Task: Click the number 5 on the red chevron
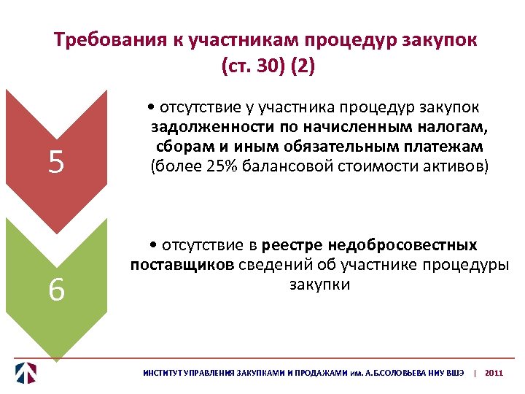click(x=56, y=163)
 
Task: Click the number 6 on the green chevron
click(x=56, y=291)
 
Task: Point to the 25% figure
click(x=217, y=166)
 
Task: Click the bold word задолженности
click(x=204, y=128)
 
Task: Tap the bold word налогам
click(x=454, y=128)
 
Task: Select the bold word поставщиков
click(x=182, y=264)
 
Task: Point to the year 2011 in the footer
click(x=494, y=373)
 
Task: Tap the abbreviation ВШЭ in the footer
click(x=453, y=373)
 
